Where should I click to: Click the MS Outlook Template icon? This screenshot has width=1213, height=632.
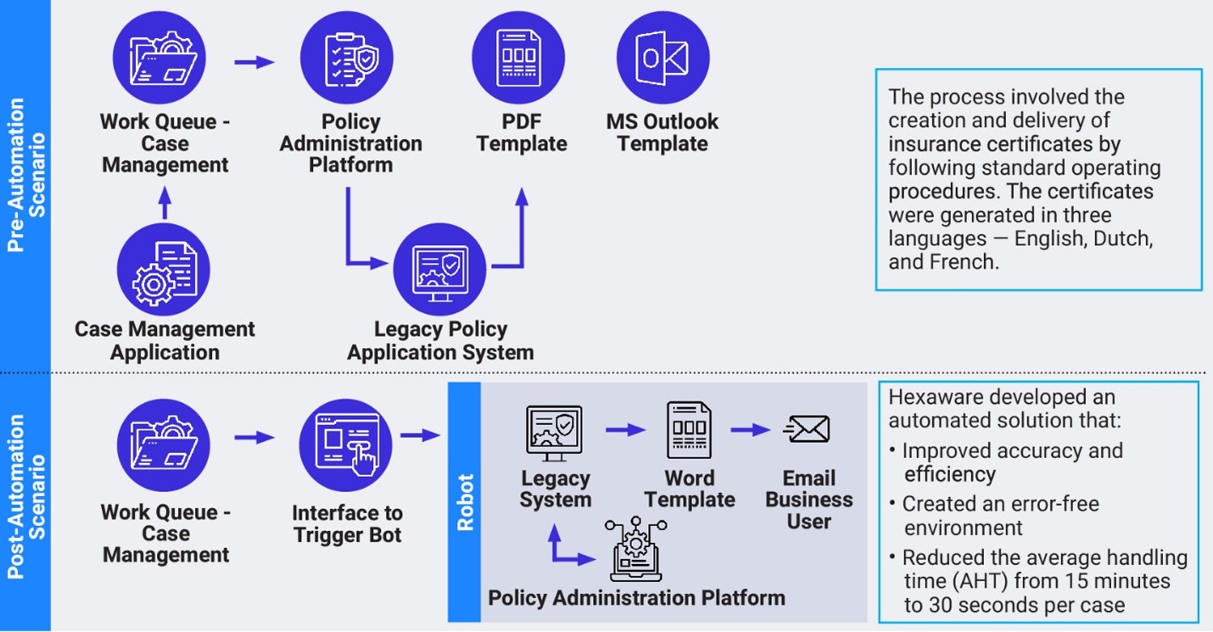point(662,58)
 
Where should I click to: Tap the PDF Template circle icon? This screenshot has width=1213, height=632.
point(518,58)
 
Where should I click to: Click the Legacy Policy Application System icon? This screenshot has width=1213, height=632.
point(440,270)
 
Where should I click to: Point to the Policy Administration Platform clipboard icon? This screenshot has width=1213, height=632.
point(347,58)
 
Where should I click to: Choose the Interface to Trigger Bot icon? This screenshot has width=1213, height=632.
point(345,446)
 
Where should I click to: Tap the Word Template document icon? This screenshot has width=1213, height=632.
point(689,430)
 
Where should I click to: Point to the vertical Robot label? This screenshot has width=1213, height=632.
point(465,502)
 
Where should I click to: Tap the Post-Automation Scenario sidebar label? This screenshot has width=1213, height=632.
point(25,496)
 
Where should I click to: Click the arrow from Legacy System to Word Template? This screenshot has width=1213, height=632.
point(625,431)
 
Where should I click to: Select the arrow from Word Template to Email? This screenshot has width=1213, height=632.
point(750,431)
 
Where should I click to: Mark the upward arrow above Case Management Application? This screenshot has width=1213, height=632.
point(165,204)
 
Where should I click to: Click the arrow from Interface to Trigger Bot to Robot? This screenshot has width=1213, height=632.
point(420,436)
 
